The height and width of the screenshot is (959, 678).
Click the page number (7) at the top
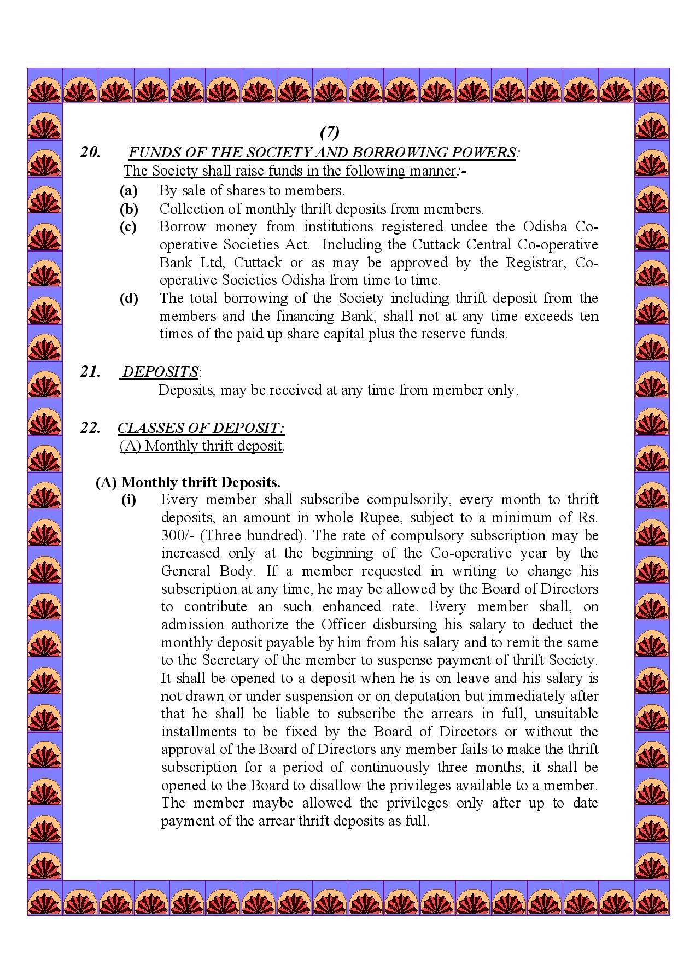(329, 132)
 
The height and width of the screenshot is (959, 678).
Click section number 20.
(90, 153)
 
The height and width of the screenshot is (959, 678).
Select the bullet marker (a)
(128, 191)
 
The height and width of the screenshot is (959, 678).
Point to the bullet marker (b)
(128, 209)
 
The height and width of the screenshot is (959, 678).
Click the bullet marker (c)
(128, 227)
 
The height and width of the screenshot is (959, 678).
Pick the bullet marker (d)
(128, 299)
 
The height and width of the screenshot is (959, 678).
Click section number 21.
(90, 372)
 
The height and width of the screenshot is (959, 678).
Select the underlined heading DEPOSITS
(160, 372)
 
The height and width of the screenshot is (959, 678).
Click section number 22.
(90, 428)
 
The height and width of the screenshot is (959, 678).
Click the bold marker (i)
(128, 500)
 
